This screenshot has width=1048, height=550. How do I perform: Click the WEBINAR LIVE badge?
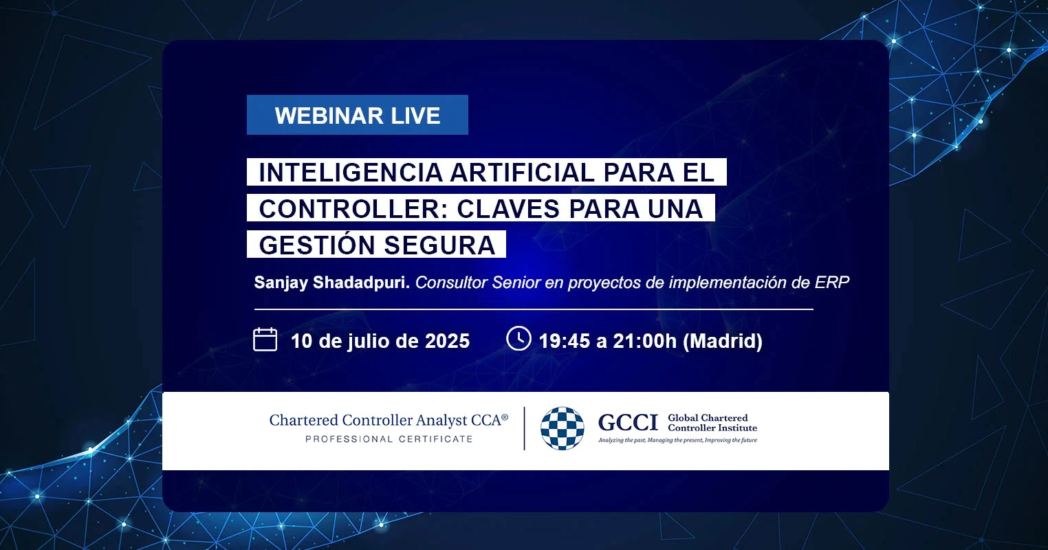pos(358,115)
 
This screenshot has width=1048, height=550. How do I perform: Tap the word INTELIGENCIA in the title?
pos(351,172)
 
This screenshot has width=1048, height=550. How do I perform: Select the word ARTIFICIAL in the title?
pos(522,172)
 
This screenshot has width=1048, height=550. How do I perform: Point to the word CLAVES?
pos(508,208)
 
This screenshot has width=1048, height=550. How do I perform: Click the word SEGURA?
pos(439,245)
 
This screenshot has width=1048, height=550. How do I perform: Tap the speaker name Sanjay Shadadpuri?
pos(332,283)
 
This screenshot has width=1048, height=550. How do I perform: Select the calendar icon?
pos(265,339)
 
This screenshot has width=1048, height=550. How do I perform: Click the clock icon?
pos(518,338)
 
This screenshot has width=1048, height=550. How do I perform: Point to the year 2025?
pos(447,341)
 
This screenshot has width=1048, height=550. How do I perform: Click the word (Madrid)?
pos(723,341)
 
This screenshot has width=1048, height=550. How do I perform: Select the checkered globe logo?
pos(563,428)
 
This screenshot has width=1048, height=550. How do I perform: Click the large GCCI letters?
pos(628,423)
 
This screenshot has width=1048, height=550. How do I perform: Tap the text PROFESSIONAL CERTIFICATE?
pos(389,439)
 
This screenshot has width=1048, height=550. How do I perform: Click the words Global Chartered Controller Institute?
pos(712,423)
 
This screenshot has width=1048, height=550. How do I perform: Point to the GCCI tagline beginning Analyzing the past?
pos(677,440)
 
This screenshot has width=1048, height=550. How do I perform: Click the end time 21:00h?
pos(645,341)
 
